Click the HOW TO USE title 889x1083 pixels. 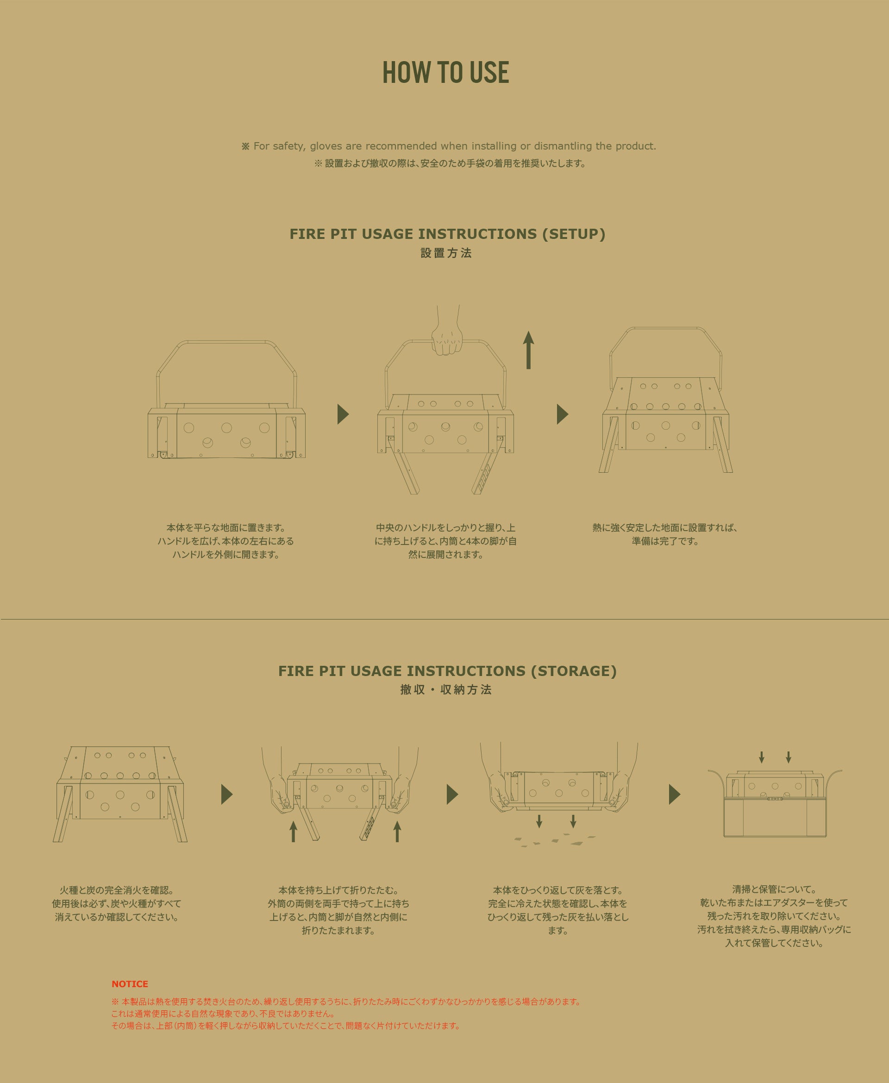click(445, 72)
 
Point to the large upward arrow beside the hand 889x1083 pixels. click(528, 350)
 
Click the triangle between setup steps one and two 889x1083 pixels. click(343, 414)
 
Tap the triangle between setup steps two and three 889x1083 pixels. click(562, 414)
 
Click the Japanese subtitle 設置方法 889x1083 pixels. click(446, 253)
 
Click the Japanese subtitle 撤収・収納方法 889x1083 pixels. click(446, 690)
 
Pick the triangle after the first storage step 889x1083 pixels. click(227, 794)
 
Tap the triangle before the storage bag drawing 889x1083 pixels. click(675, 794)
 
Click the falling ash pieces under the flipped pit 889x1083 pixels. click(555, 840)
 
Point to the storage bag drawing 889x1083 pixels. click(775, 803)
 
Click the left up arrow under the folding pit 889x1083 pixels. click(293, 832)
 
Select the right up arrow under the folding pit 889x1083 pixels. click(397, 832)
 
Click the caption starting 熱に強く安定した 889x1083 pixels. click(665, 534)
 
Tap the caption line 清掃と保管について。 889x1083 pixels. click(774, 889)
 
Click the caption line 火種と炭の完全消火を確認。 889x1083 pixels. click(117, 890)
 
